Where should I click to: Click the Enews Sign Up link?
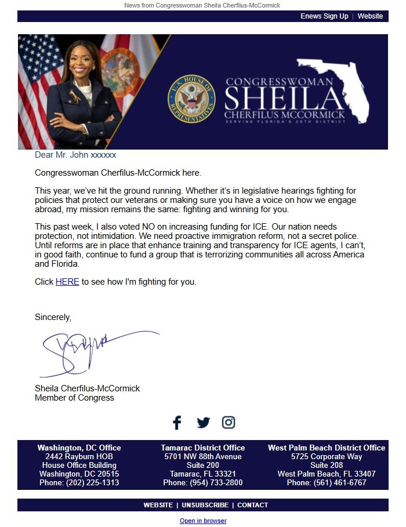324,16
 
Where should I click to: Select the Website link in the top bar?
370,16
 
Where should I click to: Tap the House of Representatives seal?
191,99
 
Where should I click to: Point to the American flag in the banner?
38,75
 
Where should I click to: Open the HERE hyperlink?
67,282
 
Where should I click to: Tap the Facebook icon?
177,423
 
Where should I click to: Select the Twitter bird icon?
203,423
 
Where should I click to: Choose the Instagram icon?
229,423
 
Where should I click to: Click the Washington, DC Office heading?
79,448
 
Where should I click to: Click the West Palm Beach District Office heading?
327,448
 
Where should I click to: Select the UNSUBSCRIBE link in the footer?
205,505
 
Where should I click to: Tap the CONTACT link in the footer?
252,505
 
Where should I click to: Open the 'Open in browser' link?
203,521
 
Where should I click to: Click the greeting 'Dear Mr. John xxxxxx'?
75,155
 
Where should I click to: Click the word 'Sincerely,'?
53,317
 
